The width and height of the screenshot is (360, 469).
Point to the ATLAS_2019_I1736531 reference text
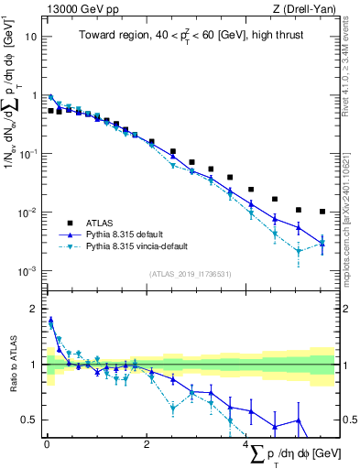coord(189,273)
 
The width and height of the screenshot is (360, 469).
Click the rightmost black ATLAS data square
coord(322,211)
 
